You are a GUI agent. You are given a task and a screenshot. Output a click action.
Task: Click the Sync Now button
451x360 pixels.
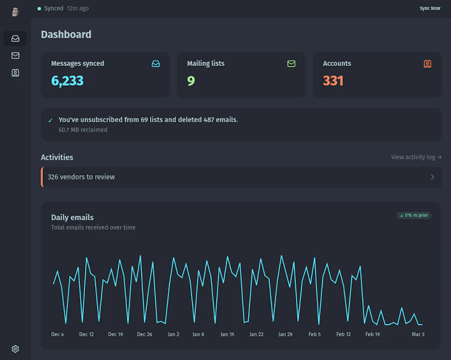[x=430, y=8]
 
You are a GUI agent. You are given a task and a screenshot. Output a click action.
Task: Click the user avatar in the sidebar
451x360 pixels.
[x=15, y=12]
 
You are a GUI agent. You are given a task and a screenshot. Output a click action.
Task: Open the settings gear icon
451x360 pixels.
[x=15, y=349]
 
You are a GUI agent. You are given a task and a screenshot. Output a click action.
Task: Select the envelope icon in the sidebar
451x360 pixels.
[x=15, y=56]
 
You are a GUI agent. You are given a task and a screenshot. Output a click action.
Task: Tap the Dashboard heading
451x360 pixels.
[x=66, y=34]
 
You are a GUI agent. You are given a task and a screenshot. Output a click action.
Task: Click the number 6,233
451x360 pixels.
[x=67, y=81]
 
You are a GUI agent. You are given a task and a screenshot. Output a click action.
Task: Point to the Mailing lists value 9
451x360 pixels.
[x=191, y=81]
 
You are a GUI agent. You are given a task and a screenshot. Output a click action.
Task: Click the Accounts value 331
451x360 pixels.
[x=333, y=81]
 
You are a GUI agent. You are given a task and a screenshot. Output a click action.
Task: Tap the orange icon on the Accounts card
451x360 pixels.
[x=427, y=64]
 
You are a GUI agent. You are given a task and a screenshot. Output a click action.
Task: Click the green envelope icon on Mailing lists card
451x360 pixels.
[x=291, y=64]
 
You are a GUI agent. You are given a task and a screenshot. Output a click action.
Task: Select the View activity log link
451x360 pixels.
[x=416, y=157]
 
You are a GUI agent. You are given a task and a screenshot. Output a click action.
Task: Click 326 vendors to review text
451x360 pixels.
[x=81, y=177]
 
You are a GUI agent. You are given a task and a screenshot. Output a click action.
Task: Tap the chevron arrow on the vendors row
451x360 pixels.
[x=432, y=177]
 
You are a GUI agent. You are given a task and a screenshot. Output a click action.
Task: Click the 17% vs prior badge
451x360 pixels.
[x=414, y=215]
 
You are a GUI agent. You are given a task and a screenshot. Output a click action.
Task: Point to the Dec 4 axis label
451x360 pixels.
[x=58, y=334]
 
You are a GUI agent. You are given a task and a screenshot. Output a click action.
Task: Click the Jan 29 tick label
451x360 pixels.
[x=286, y=334]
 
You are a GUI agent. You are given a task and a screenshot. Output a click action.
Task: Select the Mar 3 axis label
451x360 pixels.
[x=418, y=334]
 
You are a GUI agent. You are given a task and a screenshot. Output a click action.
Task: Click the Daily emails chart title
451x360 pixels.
[x=72, y=217]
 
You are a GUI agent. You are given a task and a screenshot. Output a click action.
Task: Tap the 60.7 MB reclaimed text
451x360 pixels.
[x=83, y=130]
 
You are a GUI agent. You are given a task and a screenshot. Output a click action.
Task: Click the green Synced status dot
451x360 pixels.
[x=39, y=8]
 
